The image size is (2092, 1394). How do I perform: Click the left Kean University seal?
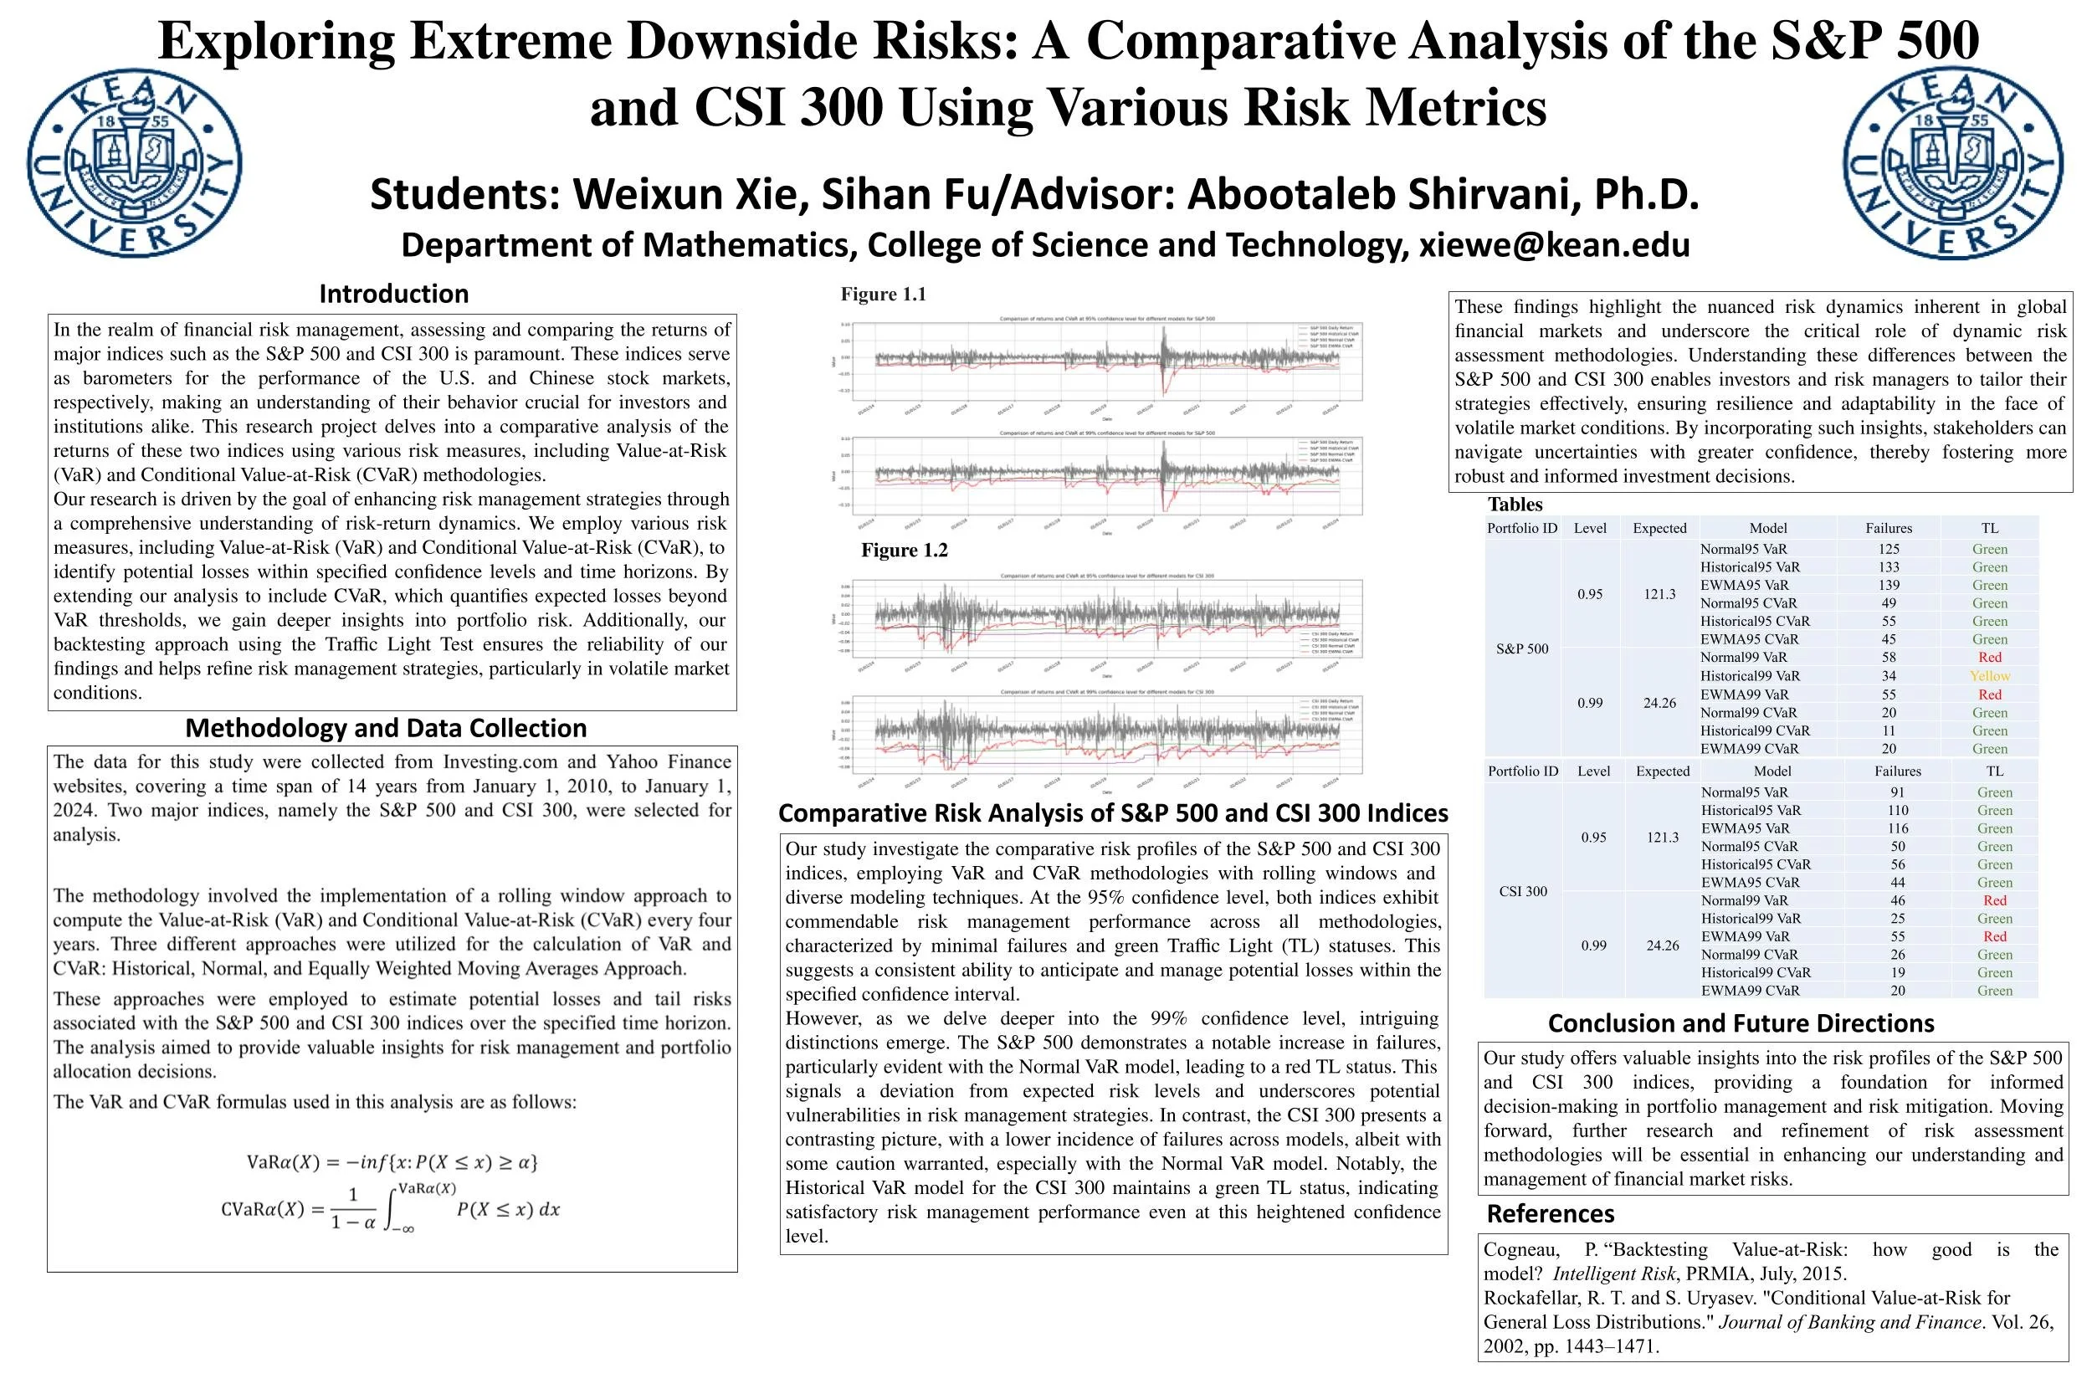[x=134, y=162]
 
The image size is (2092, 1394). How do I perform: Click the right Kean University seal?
[x=1952, y=162]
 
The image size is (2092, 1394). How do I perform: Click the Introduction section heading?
[x=393, y=294]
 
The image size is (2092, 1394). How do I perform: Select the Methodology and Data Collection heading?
[x=386, y=728]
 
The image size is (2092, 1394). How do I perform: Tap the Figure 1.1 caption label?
[x=883, y=295]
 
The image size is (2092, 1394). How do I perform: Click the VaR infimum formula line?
[x=392, y=1162]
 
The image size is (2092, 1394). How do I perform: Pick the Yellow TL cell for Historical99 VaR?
[x=1990, y=676]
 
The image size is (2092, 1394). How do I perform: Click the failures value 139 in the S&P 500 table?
[x=1889, y=585]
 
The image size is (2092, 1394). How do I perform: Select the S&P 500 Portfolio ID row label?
[x=1522, y=649]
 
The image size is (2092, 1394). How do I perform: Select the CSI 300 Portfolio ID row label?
[x=1523, y=891]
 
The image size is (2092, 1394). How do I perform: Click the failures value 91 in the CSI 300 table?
[x=1897, y=792]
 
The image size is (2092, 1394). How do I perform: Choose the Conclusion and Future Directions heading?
[x=1741, y=1023]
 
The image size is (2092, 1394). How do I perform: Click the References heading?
[x=1551, y=1213]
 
